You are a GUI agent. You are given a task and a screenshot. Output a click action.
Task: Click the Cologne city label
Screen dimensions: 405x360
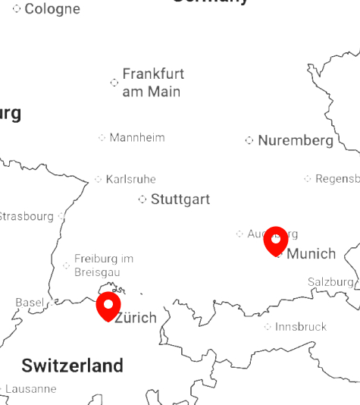click(52, 9)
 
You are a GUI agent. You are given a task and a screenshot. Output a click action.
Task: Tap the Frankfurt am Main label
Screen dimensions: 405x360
click(153, 83)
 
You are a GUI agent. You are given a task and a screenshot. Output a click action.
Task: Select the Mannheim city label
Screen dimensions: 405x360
click(136, 137)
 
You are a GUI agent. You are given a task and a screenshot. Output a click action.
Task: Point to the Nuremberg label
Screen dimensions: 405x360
click(296, 140)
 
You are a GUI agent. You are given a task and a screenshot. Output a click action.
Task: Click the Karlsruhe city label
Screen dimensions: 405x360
click(130, 179)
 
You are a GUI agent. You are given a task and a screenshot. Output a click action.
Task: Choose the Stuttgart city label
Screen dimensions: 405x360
click(180, 199)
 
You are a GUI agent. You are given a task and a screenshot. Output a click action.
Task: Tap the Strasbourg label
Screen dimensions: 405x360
click(26, 216)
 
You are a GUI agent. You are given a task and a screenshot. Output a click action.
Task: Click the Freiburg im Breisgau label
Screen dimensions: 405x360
click(103, 265)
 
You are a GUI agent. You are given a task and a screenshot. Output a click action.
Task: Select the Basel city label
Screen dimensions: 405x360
click(30, 303)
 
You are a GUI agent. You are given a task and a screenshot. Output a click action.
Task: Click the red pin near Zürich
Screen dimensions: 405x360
click(108, 306)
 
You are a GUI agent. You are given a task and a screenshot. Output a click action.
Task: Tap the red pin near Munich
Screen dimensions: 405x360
click(276, 240)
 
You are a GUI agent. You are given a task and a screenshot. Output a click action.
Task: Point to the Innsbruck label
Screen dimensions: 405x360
click(300, 327)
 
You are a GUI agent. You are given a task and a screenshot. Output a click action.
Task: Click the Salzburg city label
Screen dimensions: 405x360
click(330, 282)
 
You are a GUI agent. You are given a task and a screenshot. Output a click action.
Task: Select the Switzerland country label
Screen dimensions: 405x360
click(72, 366)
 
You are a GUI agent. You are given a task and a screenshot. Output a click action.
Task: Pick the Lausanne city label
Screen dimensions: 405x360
click(30, 389)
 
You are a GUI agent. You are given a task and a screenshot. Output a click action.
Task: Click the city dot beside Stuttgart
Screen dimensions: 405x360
click(142, 199)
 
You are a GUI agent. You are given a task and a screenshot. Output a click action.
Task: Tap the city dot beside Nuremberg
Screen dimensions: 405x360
click(249, 140)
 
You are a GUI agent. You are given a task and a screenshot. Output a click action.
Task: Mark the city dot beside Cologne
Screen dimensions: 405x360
click(17, 9)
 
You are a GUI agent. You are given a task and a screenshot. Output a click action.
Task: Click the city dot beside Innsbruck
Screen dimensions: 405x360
click(268, 327)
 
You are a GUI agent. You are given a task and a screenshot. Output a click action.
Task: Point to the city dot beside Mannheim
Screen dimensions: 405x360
click(102, 137)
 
